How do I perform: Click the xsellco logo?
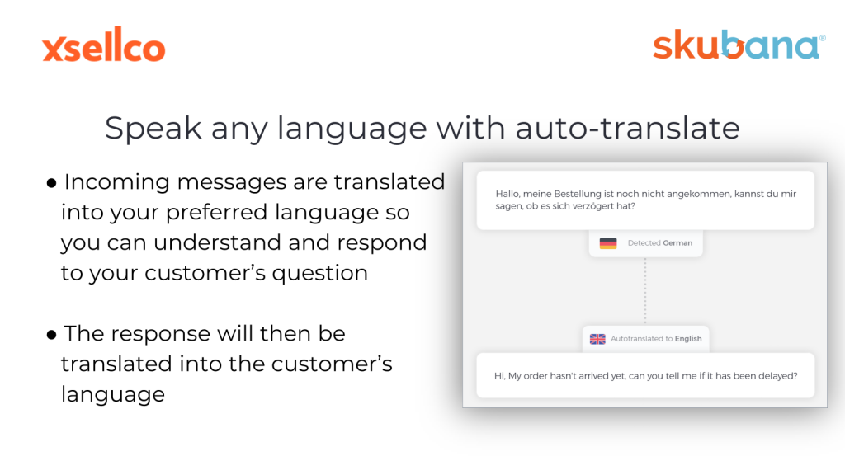click(103, 45)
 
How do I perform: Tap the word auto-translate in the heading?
click(627, 128)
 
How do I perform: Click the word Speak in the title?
click(153, 129)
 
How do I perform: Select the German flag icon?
click(608, 243)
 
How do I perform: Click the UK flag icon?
click(597, 339)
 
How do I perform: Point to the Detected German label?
click(659, 243)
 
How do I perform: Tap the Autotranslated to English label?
click(656, 339)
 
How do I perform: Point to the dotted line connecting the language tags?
click(645, 291)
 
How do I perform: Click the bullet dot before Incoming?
click(52, 184)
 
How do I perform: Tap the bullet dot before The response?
click(52, 336)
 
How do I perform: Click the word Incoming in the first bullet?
click(117, 182)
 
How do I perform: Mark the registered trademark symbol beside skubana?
click(823, 38)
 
